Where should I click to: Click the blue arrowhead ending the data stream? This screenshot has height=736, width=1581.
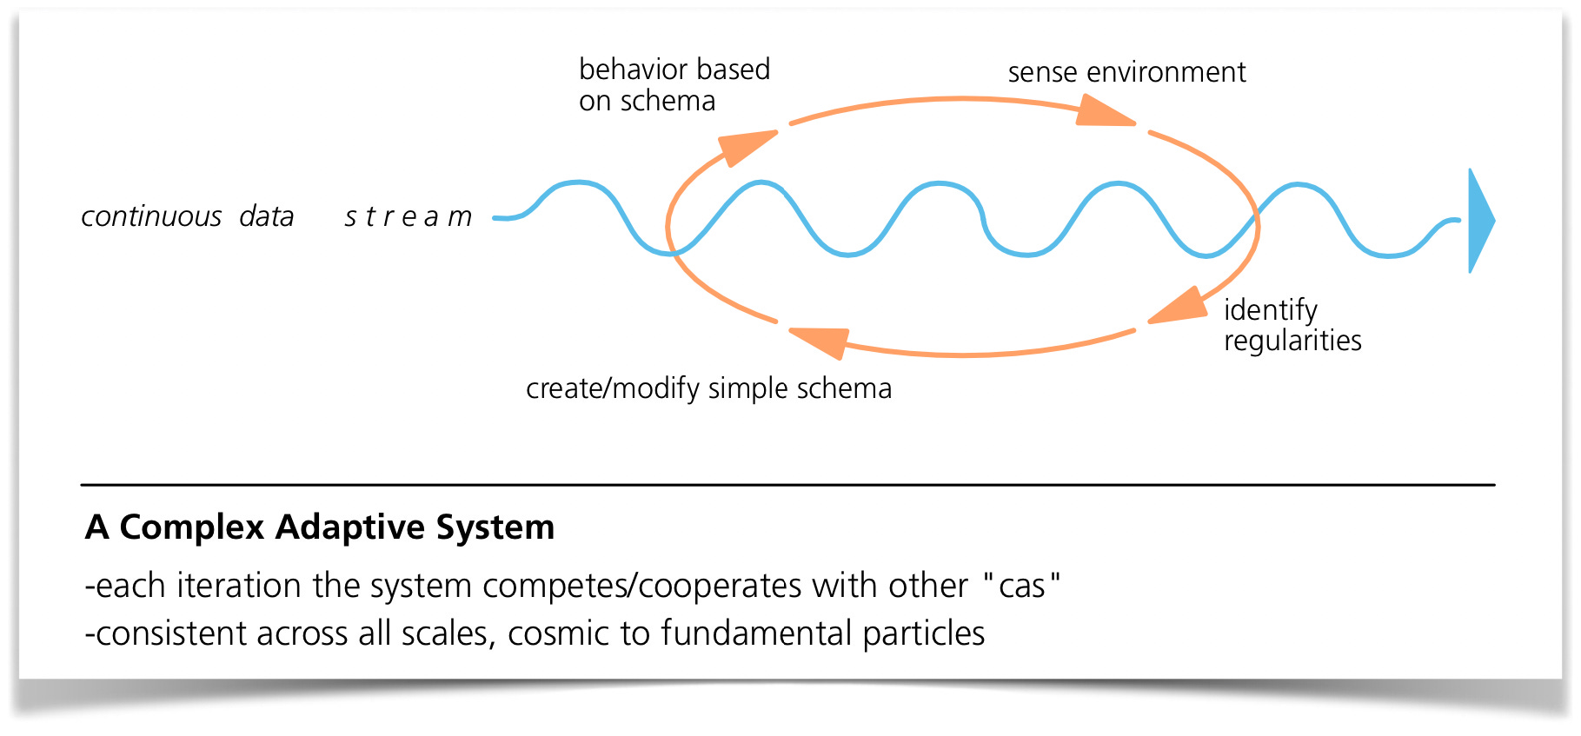[x=1479, y=221]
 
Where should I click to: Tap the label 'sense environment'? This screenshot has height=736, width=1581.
[x=1126, y=72]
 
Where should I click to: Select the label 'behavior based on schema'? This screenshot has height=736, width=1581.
[x=674, y=85]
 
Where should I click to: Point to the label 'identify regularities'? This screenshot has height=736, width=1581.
[x=1292, y=325]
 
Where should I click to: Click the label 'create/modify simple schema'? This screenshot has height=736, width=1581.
[x=708, y=388]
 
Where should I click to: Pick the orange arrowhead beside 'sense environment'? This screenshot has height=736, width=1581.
[x=1102, y=112]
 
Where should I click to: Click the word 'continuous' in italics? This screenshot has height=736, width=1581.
[x=151, y=216]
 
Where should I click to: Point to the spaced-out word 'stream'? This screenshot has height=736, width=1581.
[x=408, y=216]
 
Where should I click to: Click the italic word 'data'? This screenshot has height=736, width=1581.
[x=267, y=216]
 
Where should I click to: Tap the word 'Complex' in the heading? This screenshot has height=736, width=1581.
[x=191, y=527]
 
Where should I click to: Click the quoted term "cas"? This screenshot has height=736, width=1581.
[x=1022, y=586]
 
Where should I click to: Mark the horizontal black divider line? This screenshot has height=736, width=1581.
[x=787, y=485]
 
